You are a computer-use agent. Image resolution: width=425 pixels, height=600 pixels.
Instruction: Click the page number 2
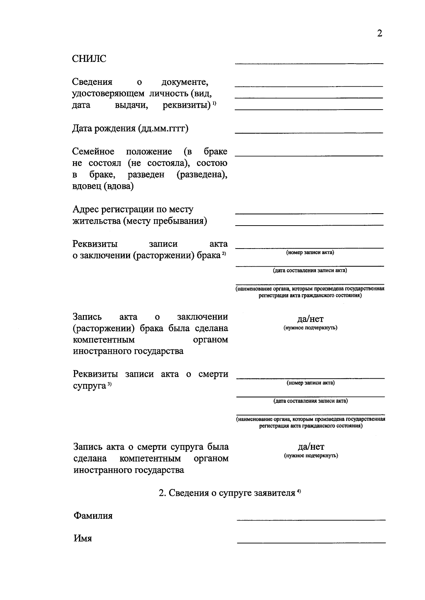[x=379, y=34]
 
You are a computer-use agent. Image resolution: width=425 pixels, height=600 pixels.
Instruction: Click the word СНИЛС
[x=89, y=59]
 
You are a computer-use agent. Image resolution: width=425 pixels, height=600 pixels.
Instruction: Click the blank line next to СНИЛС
[x=309, y=63]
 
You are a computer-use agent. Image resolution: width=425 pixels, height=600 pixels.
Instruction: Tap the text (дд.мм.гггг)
[x=163, y=128]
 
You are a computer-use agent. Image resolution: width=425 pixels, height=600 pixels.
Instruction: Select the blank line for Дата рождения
[x=309, y=132]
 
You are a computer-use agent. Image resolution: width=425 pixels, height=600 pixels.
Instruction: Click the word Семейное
[x=93, y=152]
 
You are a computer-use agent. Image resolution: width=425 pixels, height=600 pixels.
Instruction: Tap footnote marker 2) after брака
[x=224, y=254]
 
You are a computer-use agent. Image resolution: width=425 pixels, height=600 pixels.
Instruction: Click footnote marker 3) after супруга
[x=110, y=384]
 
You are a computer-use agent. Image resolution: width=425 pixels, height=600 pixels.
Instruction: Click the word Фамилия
[x=93, y=516]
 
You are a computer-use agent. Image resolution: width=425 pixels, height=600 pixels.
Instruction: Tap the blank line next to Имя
[x=311, y=542]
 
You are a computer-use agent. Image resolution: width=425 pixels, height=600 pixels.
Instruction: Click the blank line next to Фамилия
[x=311, y=519]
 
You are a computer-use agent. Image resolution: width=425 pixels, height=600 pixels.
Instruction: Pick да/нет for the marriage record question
[x=310, y=319]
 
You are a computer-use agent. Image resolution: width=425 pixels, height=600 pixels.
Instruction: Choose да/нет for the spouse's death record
[x=311, y=447]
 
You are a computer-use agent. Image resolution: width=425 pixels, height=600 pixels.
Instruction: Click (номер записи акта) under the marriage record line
[x=310, y=252]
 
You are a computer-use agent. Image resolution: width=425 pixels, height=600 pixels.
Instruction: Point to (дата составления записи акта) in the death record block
[x=310, y=401]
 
